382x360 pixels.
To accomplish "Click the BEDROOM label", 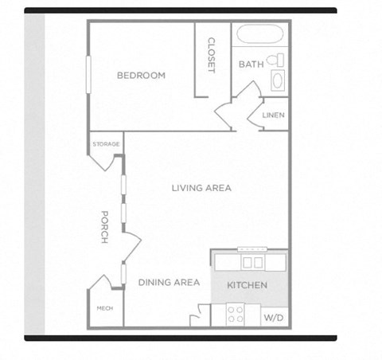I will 141,76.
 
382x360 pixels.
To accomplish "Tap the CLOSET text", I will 212,55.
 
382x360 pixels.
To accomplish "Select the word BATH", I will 251,65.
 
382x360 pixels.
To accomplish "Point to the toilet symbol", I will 275,60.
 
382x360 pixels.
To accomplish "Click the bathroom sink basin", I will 277,80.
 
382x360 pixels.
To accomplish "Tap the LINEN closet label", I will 273,115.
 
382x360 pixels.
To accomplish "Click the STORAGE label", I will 106,144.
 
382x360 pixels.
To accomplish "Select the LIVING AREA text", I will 201,188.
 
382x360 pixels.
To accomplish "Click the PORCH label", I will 104,227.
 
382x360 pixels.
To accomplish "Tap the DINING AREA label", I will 169,282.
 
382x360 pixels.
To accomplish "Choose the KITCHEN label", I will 247,285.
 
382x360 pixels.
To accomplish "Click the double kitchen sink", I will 253,262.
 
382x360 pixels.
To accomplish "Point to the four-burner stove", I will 236,314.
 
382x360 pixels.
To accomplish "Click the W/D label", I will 273,317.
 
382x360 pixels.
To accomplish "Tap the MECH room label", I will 103,308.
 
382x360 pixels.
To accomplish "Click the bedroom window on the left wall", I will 89,76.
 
